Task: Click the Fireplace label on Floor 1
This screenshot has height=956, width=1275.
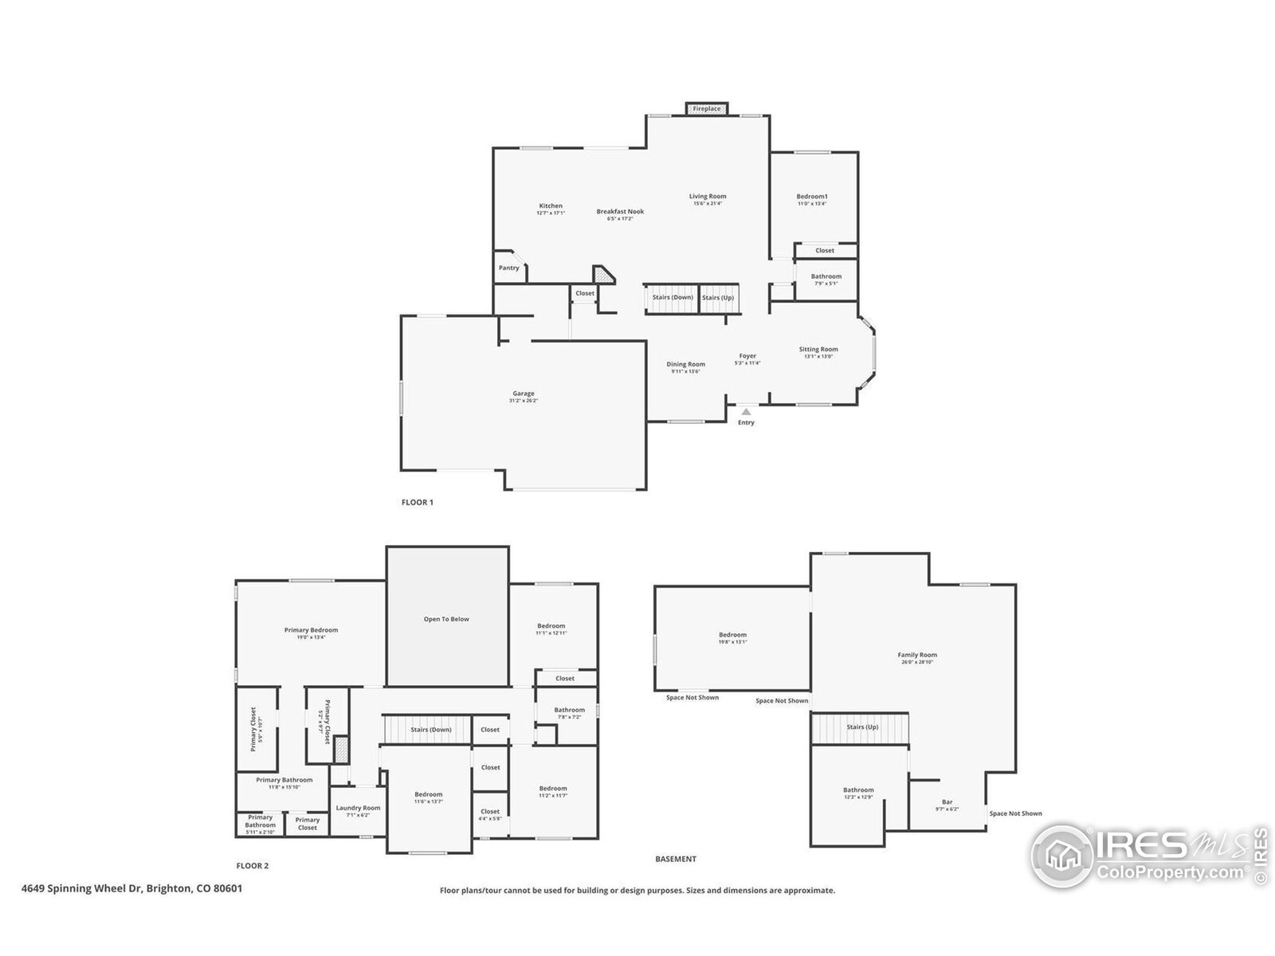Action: (707, 109)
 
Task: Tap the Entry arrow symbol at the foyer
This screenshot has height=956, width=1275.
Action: (746, 412)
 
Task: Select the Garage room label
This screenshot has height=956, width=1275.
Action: (524, 394)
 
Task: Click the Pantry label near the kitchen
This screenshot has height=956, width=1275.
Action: (509, 268)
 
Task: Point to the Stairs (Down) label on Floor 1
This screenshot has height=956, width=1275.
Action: (673, 298)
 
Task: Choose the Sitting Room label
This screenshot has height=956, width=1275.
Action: (818, 349)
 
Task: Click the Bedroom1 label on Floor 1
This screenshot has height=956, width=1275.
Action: (812, 197)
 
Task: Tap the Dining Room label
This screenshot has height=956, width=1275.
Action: (686, 364)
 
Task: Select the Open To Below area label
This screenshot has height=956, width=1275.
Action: (446, 619)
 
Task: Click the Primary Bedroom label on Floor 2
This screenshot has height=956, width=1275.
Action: (311, 630)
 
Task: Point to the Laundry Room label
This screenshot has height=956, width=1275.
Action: (358, 808)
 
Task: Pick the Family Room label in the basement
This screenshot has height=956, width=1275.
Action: (917, 655)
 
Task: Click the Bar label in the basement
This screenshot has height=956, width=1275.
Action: (947, 802)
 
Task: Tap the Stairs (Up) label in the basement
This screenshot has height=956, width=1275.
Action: (862, 727)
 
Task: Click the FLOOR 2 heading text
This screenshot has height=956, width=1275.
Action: (253, 866)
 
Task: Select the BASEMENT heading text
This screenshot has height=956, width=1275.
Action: (676, 859)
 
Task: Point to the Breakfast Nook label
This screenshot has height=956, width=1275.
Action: (620, 212)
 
